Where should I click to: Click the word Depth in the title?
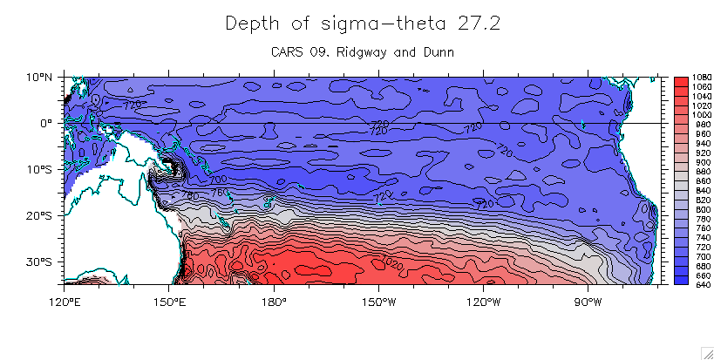click(249, 24)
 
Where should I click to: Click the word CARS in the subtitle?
click(289, 52)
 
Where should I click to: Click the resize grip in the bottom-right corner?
click(706, 352)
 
